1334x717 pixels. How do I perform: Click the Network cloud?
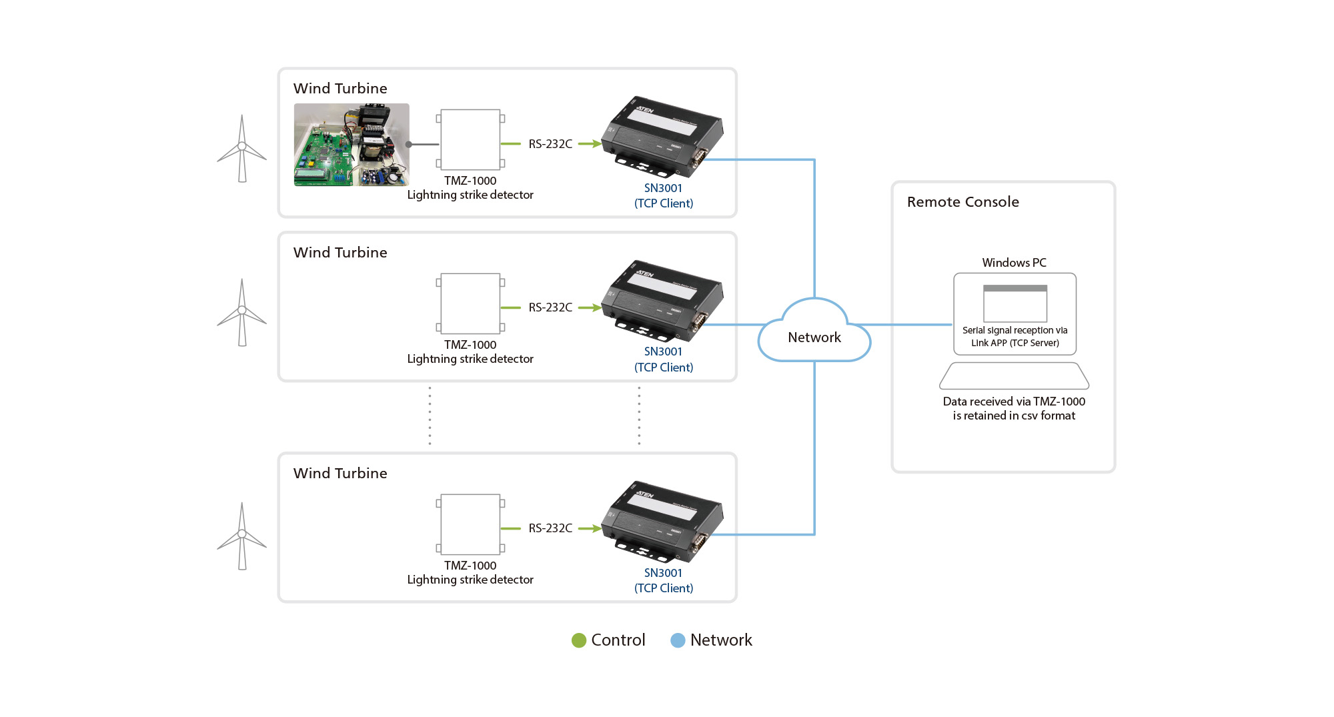click(x=814, y=333)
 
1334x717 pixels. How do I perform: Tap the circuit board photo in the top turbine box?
click(x=352, y=145)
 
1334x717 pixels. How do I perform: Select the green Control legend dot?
click(x=579, y=640)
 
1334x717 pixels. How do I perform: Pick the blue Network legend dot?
click(x=678, y=640)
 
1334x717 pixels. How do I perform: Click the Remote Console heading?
click(x=962, y=202)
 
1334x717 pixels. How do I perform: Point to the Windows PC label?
click(x=1014, y=263)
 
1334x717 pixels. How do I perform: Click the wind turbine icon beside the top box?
click(x=241, y=149)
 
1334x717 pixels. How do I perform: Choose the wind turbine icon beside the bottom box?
click(x=241, y=536)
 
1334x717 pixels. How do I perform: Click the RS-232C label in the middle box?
click(x=550, y=307)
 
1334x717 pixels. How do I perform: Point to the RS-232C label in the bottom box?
click(x=550, y=528)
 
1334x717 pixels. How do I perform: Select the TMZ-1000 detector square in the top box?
click(x=470, y=140)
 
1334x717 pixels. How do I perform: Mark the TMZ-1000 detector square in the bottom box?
click(x=470, y=524)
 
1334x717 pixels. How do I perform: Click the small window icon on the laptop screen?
click(x=1015, y=303)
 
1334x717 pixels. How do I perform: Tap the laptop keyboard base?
click(x=1014, y=376)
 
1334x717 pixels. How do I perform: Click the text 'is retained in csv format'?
click(x=1014, y=416)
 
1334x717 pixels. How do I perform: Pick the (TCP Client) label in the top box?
click(x=664, y=203)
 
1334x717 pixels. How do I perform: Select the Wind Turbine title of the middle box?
click(x=340, y=253)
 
